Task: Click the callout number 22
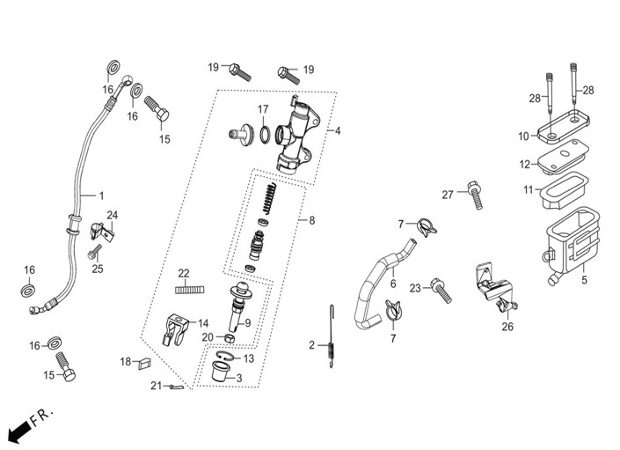[184, 273]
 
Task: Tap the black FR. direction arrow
[18, 431]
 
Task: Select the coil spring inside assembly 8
[270, 199]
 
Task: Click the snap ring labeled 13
[223, 356]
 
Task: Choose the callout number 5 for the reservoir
[585, 280]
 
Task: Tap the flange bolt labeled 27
[475, 195]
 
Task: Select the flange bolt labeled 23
[441, 290]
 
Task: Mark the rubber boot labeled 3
[221, 372]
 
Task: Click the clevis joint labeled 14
[174, 329]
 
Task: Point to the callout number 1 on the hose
[102, 195]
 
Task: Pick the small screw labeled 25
[94, 252]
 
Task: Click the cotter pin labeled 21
[176, 387]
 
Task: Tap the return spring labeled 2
[332, 336]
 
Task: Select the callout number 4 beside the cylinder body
[338, 130]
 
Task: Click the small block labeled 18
[144, 363]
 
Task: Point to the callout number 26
[507, 327]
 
